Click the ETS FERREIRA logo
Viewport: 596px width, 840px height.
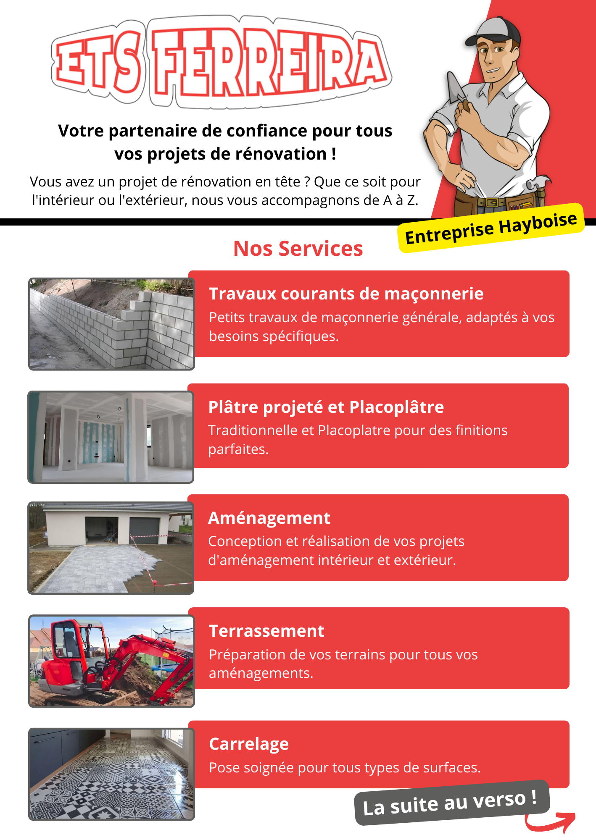[222, 62]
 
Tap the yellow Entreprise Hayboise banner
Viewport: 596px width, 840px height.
[491, 228]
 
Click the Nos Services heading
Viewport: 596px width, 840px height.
[298, 249]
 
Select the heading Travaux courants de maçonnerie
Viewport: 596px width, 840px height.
[346, 294]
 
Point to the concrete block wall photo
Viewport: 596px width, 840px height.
[111, 324]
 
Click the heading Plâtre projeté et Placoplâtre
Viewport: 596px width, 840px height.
[326, 407]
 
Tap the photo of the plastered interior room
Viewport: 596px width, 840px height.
[111, 437]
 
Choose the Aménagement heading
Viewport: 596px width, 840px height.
[269, 518]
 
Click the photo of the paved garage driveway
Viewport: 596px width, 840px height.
[111, 548]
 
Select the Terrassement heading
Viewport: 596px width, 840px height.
[266, 631]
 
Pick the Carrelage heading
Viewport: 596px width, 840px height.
[249, 744]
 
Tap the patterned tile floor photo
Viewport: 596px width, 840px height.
[111, 774]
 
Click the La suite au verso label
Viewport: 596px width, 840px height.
[451, 803]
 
